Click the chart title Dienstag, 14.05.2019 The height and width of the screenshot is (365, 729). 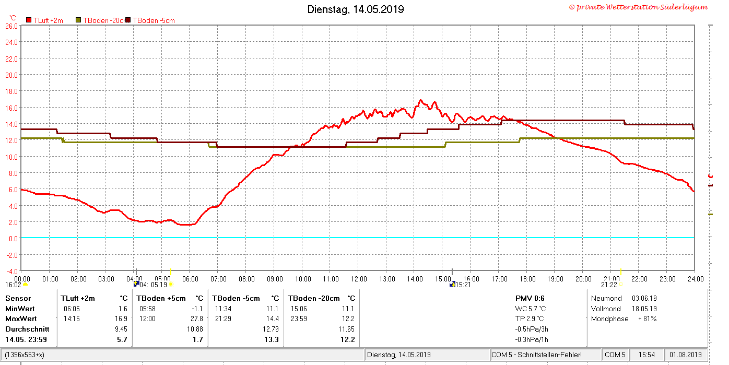pos(356,9)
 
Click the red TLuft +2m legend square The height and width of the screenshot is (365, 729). pos(29,20)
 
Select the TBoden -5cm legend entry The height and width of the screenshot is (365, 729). pos(151,20)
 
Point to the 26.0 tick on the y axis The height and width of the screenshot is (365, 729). pos(11,26)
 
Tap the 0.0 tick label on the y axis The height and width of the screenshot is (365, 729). pos(14,239)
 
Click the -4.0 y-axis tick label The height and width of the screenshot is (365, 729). pos(11,272)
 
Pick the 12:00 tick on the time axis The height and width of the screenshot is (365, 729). pos(359,279)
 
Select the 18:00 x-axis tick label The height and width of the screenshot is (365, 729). pos(527,279)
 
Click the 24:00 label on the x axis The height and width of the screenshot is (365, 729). pos(696,279)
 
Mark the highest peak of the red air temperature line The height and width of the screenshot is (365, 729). pos(420,100)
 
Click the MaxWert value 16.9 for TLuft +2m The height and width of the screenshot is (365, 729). pos(121,319)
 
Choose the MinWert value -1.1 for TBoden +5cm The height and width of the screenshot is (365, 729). pos(197,309)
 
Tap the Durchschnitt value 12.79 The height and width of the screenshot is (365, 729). pos(271,329)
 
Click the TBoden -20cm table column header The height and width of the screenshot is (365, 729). pos(314,298)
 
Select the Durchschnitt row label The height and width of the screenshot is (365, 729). pos(27,329)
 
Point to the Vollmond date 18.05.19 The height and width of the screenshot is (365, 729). pos(644,309)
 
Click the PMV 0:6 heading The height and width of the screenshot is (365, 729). pos(530,298)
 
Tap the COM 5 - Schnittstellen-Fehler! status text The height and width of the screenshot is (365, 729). pos(536,355)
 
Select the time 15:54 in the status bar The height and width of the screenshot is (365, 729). pos(646,355)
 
